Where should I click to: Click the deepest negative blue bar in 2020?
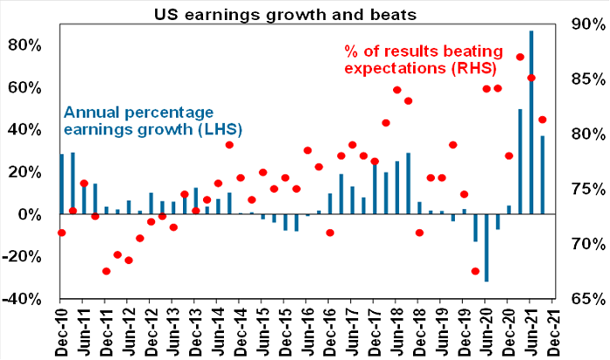click(486, 248)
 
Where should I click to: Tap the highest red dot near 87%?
click(519, 58)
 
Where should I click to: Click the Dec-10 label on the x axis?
click(61, 332)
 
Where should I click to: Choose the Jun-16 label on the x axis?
click(307, 332)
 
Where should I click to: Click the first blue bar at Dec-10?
click(61, 184)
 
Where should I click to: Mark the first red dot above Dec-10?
click(61, 233)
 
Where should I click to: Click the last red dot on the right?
click(542, 119)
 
